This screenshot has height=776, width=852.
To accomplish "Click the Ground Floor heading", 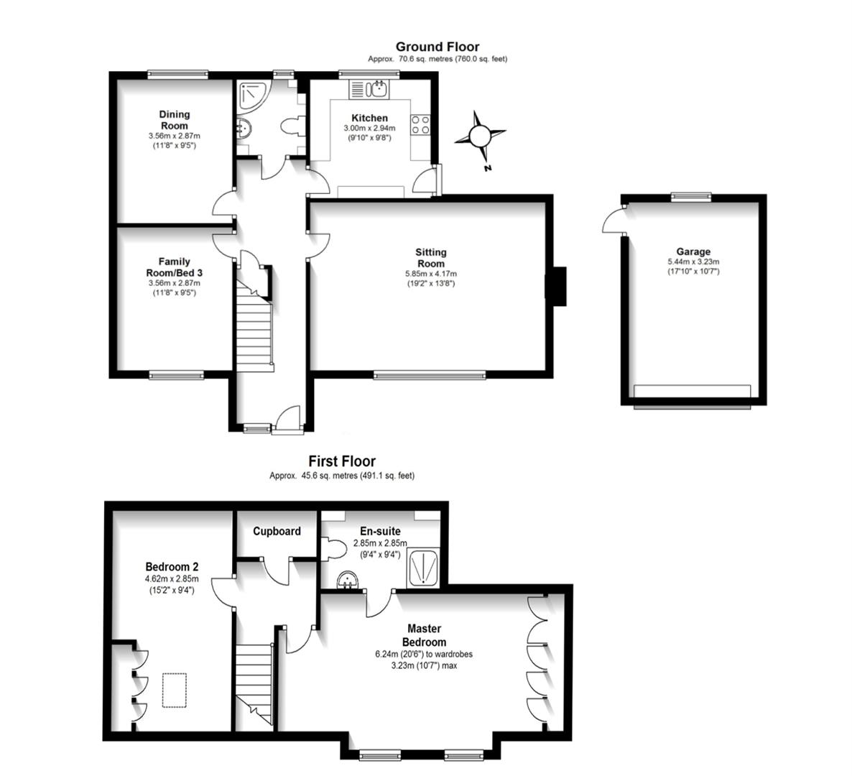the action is click(437, 47).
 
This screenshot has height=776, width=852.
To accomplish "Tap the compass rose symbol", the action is click(480, 136).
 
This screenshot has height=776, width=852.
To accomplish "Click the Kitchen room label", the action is click(369, 118).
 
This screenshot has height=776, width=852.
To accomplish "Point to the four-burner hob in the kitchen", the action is click(420, 125).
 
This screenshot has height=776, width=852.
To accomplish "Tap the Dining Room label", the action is click(174, 119).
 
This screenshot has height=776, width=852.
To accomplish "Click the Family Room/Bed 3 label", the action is click(175, 267).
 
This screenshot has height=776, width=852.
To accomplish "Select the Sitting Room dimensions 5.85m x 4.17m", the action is click(430, 274).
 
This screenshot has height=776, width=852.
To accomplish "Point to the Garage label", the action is click(693, 251).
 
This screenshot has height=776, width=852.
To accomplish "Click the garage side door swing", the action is click(613, 219).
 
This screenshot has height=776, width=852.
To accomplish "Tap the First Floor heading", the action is click(342, 461).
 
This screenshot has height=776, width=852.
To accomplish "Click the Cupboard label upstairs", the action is click(277, 532).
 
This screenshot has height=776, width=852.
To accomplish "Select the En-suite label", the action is click(380, 531).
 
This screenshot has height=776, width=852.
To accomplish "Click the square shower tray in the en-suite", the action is click(423, 568).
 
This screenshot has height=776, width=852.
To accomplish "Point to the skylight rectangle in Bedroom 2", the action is click(174, 690).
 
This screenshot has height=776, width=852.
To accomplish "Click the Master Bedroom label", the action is click(423, 635).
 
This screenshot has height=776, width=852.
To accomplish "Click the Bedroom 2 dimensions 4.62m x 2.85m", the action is click(172, 578).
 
